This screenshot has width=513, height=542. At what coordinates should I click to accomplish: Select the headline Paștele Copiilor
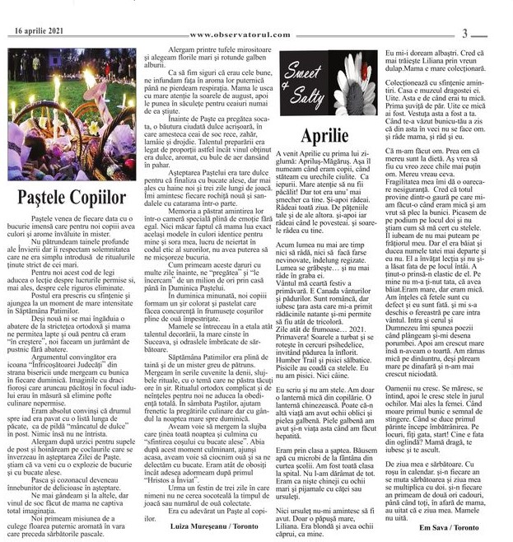72,198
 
